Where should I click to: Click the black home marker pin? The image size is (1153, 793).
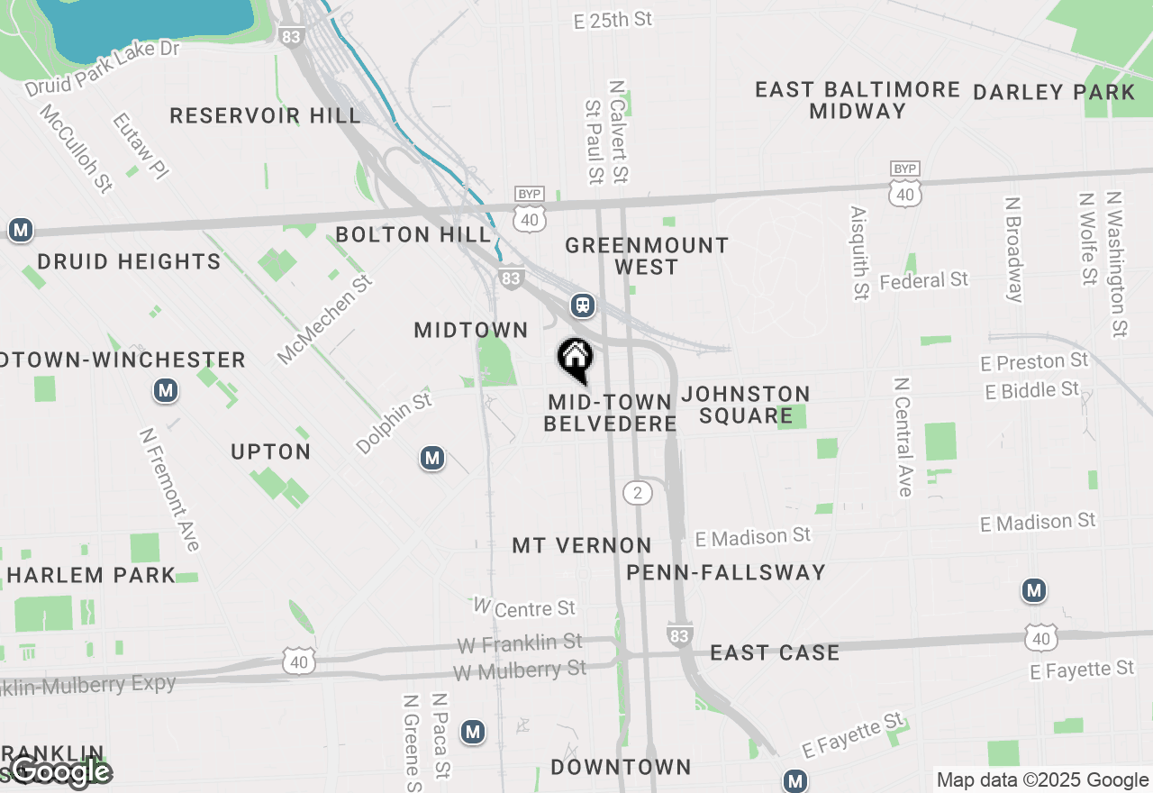(x=575, y=360)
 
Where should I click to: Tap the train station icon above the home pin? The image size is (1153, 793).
(x=583, y=305)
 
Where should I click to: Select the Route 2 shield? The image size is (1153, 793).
(x=638, y=492)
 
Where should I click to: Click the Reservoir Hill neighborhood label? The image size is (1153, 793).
(x=265, y=115)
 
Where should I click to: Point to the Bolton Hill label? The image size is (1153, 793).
(x=413, y=235)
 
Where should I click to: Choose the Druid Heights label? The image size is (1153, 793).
(x=129, y=262)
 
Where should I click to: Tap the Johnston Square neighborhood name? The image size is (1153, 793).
(x=746, y=405)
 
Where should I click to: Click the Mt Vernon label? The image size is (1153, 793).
(x=582, y=545)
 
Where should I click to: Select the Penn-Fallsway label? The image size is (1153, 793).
(x=726, y=572)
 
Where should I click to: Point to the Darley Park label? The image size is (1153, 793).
(x=1054, y=92)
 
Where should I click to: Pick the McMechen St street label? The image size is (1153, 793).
(x=324, y=320)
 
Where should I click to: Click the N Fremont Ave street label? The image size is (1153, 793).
(x=169, y=488)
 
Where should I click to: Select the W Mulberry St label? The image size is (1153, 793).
(x=520, y=670)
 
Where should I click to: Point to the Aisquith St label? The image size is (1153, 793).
(x=859, y=252)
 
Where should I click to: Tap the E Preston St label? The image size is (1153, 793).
(x=1034, y=362)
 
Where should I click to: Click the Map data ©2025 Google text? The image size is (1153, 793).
(x=1042, y=780)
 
